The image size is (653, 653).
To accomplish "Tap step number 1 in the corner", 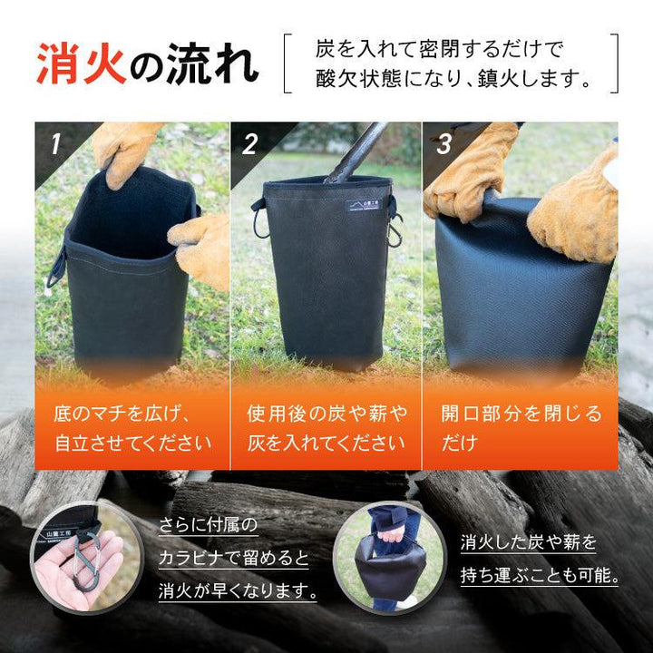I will point(55,143).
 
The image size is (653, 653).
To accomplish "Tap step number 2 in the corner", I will point(250,143).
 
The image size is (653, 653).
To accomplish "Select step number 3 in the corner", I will point(443,143).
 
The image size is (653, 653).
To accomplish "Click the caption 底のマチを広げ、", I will point(122,414).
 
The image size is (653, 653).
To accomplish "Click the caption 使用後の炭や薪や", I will point(326,414).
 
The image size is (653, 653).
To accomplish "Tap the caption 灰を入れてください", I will point(326,443).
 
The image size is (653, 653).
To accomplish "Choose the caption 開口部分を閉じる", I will point(521,414).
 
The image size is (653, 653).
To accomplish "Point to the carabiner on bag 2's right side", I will point(394,234).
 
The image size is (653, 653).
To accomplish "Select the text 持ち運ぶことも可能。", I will point(539,575).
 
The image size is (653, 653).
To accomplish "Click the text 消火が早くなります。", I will point(239,591).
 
